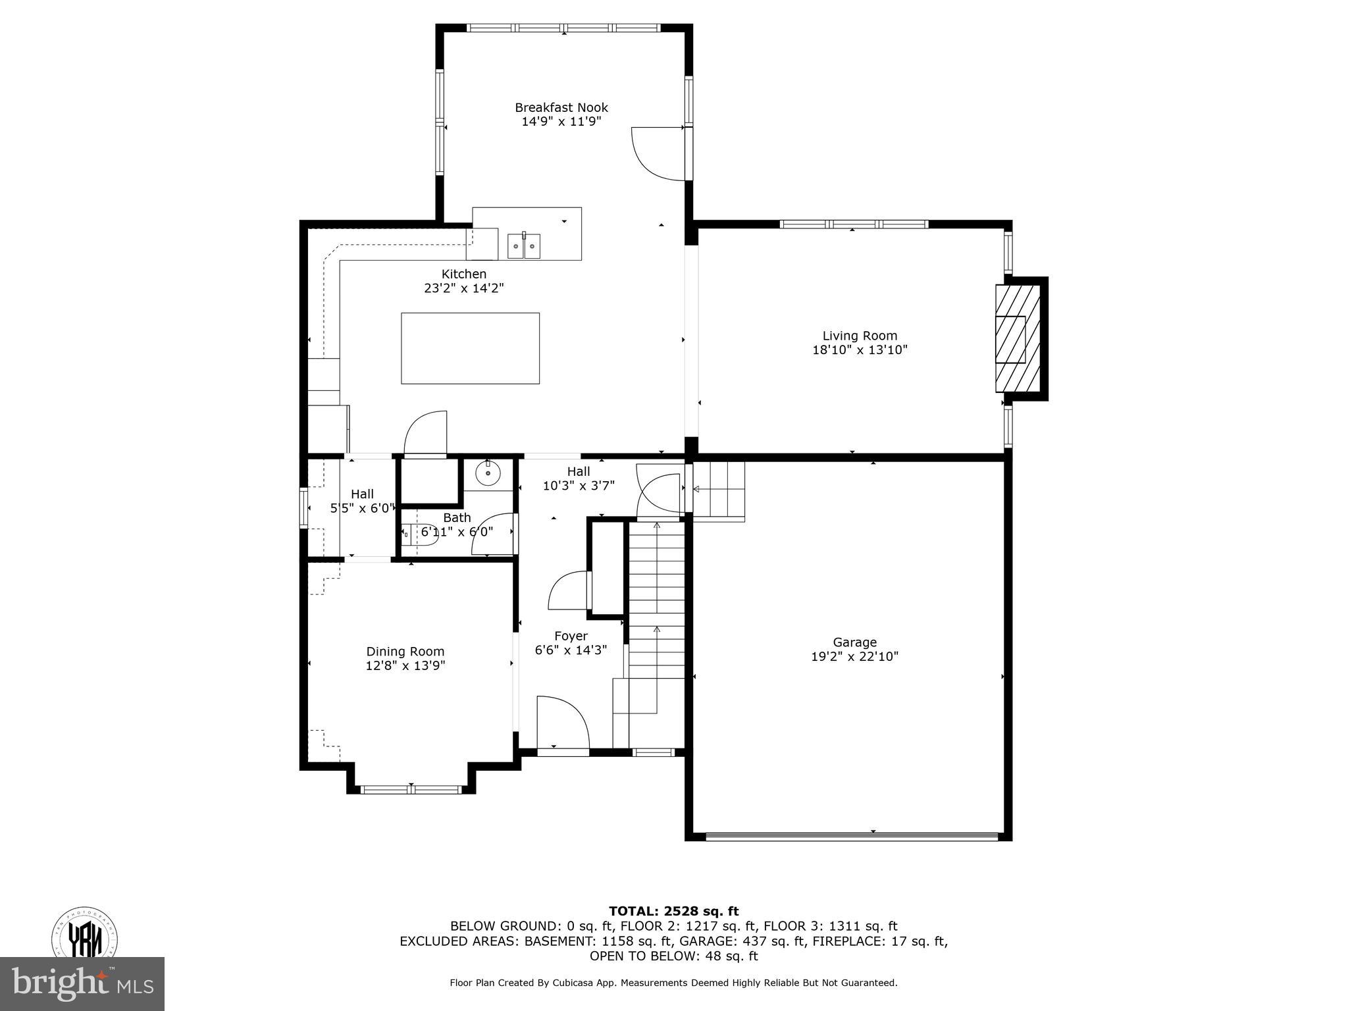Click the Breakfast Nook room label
561,107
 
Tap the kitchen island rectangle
470,348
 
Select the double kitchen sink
524,246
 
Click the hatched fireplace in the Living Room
1018,339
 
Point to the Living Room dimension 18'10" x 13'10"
860,350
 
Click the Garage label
854,642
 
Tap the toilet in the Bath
419,533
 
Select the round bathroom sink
488,473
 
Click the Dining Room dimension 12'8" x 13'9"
405,665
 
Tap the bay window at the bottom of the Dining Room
411,789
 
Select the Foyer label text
571,636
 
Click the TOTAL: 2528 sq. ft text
673,911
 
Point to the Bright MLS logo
82,983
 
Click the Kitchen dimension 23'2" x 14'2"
464,288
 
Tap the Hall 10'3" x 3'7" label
579,479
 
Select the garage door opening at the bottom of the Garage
851,837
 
